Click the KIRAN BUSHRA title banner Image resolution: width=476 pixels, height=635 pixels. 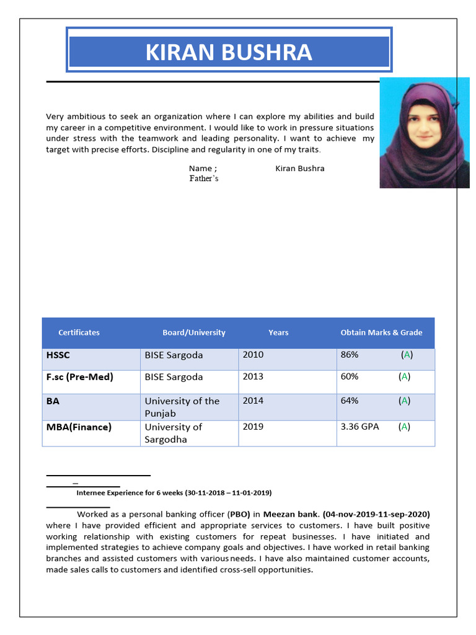click(x=229, y=52)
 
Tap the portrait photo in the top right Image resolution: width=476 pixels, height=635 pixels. click(x=424, y=133)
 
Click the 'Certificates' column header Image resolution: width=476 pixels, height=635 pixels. click(x=79, y=333)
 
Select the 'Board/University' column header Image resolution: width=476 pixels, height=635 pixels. click(x=194, y=333)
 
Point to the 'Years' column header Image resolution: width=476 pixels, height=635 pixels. click(x=278, y=333)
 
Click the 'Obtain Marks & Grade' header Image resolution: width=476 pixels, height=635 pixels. click(x=381, y=333)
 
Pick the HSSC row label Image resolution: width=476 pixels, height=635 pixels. click(x=58, y=355)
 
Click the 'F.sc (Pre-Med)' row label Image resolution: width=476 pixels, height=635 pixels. click(x=79, y=377)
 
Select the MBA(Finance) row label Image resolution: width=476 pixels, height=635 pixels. click(x=79, y=427)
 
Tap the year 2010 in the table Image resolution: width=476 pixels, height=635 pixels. click(x=253, y=355)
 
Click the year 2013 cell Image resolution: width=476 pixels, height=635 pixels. click(x=253, y=377)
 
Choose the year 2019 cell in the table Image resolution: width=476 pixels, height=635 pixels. click(x=253, y=427)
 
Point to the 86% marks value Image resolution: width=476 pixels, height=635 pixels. click(x=350, y=355)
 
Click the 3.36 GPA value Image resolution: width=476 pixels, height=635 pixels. click(x=359, y=427)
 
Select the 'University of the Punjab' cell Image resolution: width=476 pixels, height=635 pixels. click(x=182, y=407)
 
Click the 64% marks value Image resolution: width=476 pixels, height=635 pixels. click(x=350, y=401)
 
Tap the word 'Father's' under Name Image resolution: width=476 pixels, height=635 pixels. click(x=204, y=179)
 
